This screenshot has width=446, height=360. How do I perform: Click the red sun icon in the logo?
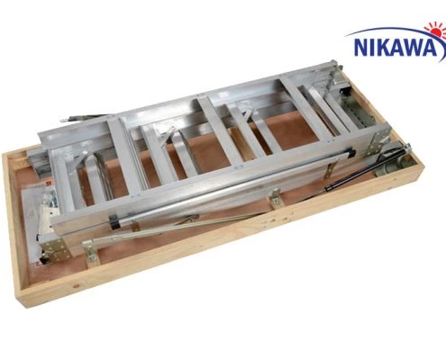point(436,29)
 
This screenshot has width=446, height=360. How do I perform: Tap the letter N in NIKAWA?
point(362,48)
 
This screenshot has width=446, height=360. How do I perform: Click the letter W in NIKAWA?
point(417,48)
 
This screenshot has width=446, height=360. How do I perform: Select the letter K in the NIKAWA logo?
point(384,48)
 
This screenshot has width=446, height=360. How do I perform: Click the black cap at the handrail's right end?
point(350,153)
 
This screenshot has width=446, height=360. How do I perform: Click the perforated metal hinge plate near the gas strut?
point(379,141)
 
